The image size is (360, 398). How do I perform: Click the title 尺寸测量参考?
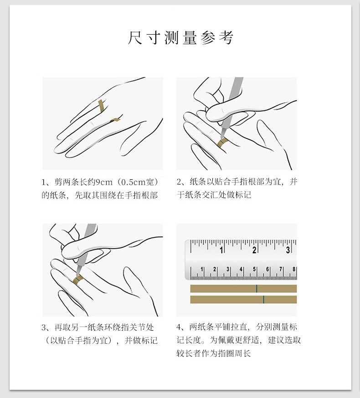[180, 38]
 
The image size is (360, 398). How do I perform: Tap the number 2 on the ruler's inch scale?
[254, 250]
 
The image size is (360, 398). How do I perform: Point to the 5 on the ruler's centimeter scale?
[254, 269]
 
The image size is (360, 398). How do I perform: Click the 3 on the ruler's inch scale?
[288, 250]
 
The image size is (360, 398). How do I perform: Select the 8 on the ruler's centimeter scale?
[293, 269]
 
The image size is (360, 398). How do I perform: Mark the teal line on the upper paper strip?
[257, 289]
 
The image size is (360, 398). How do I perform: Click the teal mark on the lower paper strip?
[263, 300]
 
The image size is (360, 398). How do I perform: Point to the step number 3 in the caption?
[44, 327]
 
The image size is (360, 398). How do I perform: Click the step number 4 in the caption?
[179, 327]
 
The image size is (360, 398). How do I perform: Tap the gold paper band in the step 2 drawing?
[222, 143]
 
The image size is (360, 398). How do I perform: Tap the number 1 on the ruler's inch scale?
[221, 250]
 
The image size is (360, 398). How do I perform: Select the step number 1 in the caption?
[43, 182]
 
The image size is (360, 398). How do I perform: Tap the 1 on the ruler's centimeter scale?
[202, 269]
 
